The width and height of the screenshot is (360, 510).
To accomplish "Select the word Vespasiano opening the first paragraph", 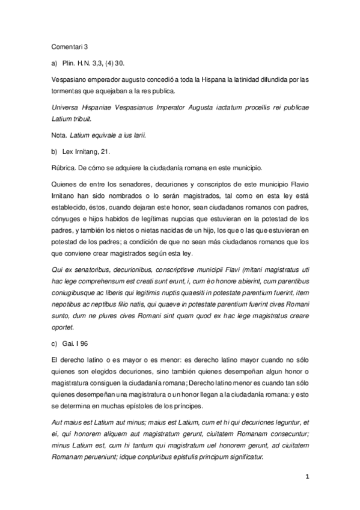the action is point(66,79).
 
